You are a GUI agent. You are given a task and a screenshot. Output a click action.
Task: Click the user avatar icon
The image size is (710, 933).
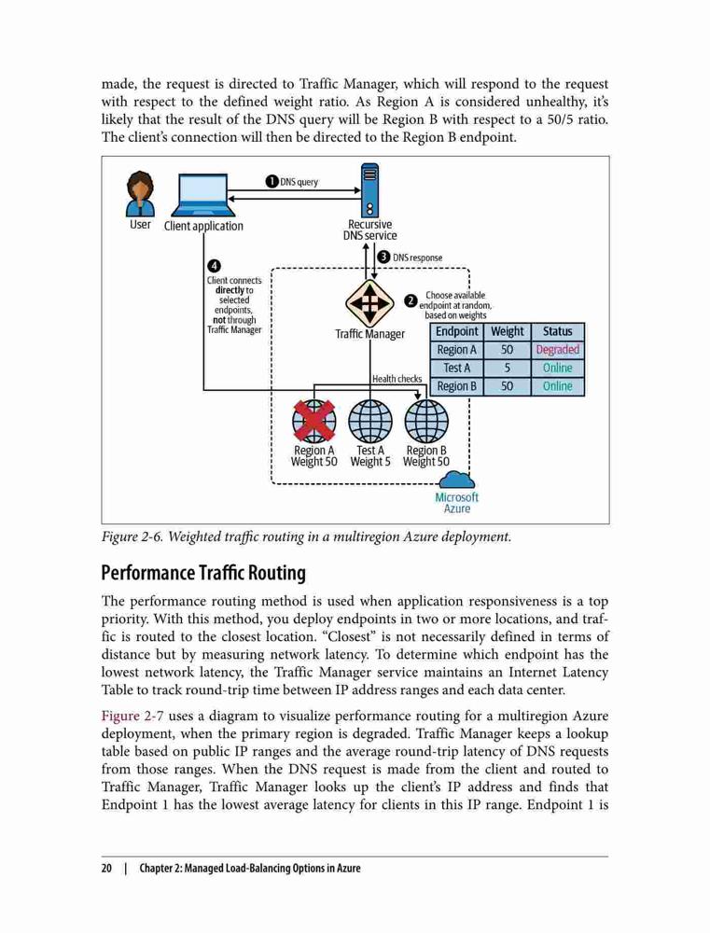141,194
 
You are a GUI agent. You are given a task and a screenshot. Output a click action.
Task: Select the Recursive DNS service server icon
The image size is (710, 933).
369,191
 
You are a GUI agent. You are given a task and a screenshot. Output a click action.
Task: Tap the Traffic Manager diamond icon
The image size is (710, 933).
369,303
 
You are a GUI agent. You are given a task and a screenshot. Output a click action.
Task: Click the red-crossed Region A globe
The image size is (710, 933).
314,421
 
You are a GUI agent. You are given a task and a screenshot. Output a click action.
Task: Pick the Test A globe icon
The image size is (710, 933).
370,421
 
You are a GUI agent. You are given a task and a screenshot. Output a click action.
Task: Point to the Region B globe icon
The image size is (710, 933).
426,421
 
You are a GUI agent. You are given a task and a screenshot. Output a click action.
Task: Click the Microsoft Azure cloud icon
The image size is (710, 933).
456,480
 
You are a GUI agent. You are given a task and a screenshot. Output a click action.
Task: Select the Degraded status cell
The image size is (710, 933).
557,350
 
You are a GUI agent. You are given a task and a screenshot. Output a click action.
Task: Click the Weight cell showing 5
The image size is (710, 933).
507,369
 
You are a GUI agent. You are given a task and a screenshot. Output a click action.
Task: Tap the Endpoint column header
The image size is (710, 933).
457,331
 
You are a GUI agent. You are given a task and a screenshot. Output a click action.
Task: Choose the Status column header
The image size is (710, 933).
557,331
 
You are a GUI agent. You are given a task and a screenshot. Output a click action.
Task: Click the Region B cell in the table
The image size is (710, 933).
457,387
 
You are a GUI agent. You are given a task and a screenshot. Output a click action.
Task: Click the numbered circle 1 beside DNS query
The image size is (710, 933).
272,182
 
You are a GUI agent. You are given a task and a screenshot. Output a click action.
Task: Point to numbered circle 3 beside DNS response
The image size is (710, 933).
383,258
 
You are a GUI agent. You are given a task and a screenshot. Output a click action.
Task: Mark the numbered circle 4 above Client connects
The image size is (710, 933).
214,266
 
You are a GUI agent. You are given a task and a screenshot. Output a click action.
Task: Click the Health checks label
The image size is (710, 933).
397,379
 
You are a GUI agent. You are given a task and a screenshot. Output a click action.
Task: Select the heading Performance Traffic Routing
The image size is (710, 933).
203,573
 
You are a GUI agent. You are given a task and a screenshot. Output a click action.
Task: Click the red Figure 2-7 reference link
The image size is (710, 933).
132,716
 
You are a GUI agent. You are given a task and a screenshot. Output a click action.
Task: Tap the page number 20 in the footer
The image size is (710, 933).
106,868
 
